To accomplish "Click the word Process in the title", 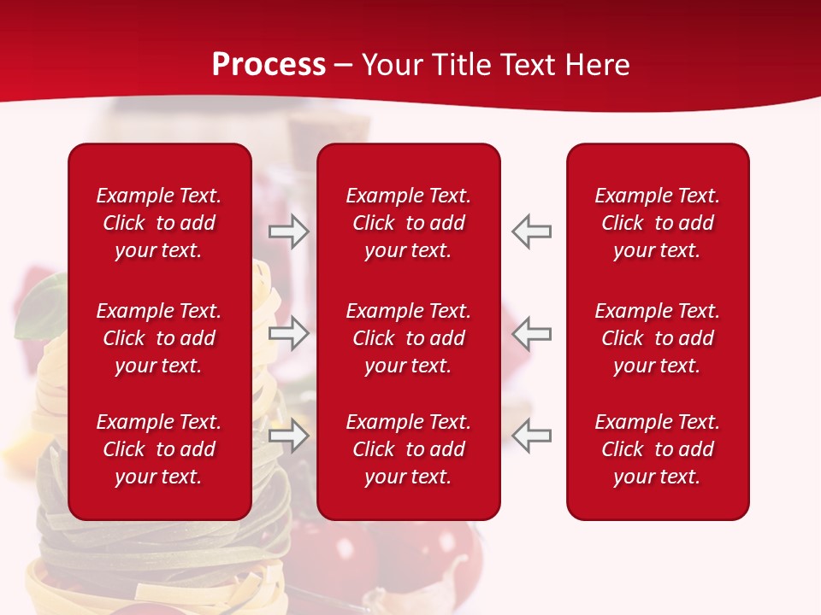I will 269,65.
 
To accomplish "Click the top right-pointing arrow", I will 289,231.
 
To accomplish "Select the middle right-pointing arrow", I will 289,333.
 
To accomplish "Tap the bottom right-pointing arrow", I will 289,436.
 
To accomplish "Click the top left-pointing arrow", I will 532,231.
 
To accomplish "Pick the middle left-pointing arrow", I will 532,333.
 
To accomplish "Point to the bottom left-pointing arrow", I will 532,436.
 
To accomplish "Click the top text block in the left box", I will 159,223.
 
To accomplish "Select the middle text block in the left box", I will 159,338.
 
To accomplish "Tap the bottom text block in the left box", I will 159,449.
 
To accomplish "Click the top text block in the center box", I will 408,223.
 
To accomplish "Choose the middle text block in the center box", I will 408,338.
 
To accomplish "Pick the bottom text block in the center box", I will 408,449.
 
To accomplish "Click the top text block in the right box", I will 657,223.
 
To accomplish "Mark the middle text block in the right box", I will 657,338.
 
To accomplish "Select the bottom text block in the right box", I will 657,449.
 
